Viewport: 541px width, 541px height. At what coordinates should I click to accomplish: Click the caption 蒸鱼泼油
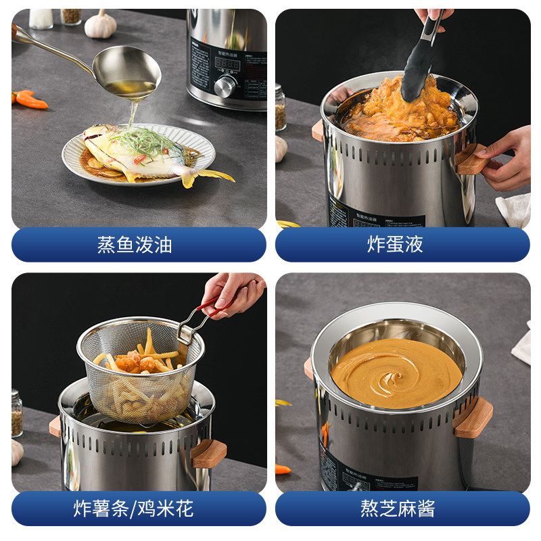coord(135,245)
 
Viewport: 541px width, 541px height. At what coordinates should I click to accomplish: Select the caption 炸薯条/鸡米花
coord(135,508)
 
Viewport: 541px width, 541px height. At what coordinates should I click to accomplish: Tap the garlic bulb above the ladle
coord(100,25)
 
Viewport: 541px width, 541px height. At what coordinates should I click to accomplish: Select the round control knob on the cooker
coord(225,86)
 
